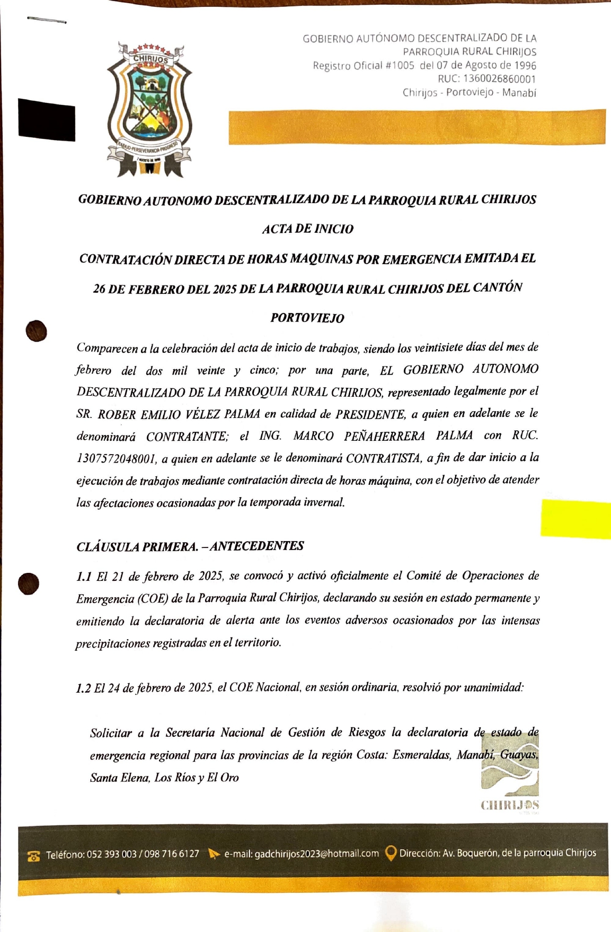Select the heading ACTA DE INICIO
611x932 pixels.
click(x=307, y=229)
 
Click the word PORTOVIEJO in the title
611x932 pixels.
click(x=307, y=318)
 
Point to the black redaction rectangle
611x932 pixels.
click(x=47, y=120)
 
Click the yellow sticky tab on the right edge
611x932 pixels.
click(x=575, y=519)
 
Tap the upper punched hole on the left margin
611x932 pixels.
click(x=36, y=331)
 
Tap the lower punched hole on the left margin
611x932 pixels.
click(x=29, y=584)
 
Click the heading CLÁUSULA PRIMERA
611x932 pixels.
click(x=137, y=547)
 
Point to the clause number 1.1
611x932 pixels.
click(x=84, y=577)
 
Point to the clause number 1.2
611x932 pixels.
click(x=83, y=689)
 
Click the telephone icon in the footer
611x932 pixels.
click(x=33, y=856)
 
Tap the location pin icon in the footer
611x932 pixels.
click(x=391, y=853)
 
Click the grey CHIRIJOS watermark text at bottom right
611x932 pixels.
click(x=510, y=805)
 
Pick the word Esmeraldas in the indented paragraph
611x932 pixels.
click(x=422, y=755)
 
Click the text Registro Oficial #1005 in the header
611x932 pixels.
click(x=364, y=65)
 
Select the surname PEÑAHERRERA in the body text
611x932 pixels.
click(x=384, y=436)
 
